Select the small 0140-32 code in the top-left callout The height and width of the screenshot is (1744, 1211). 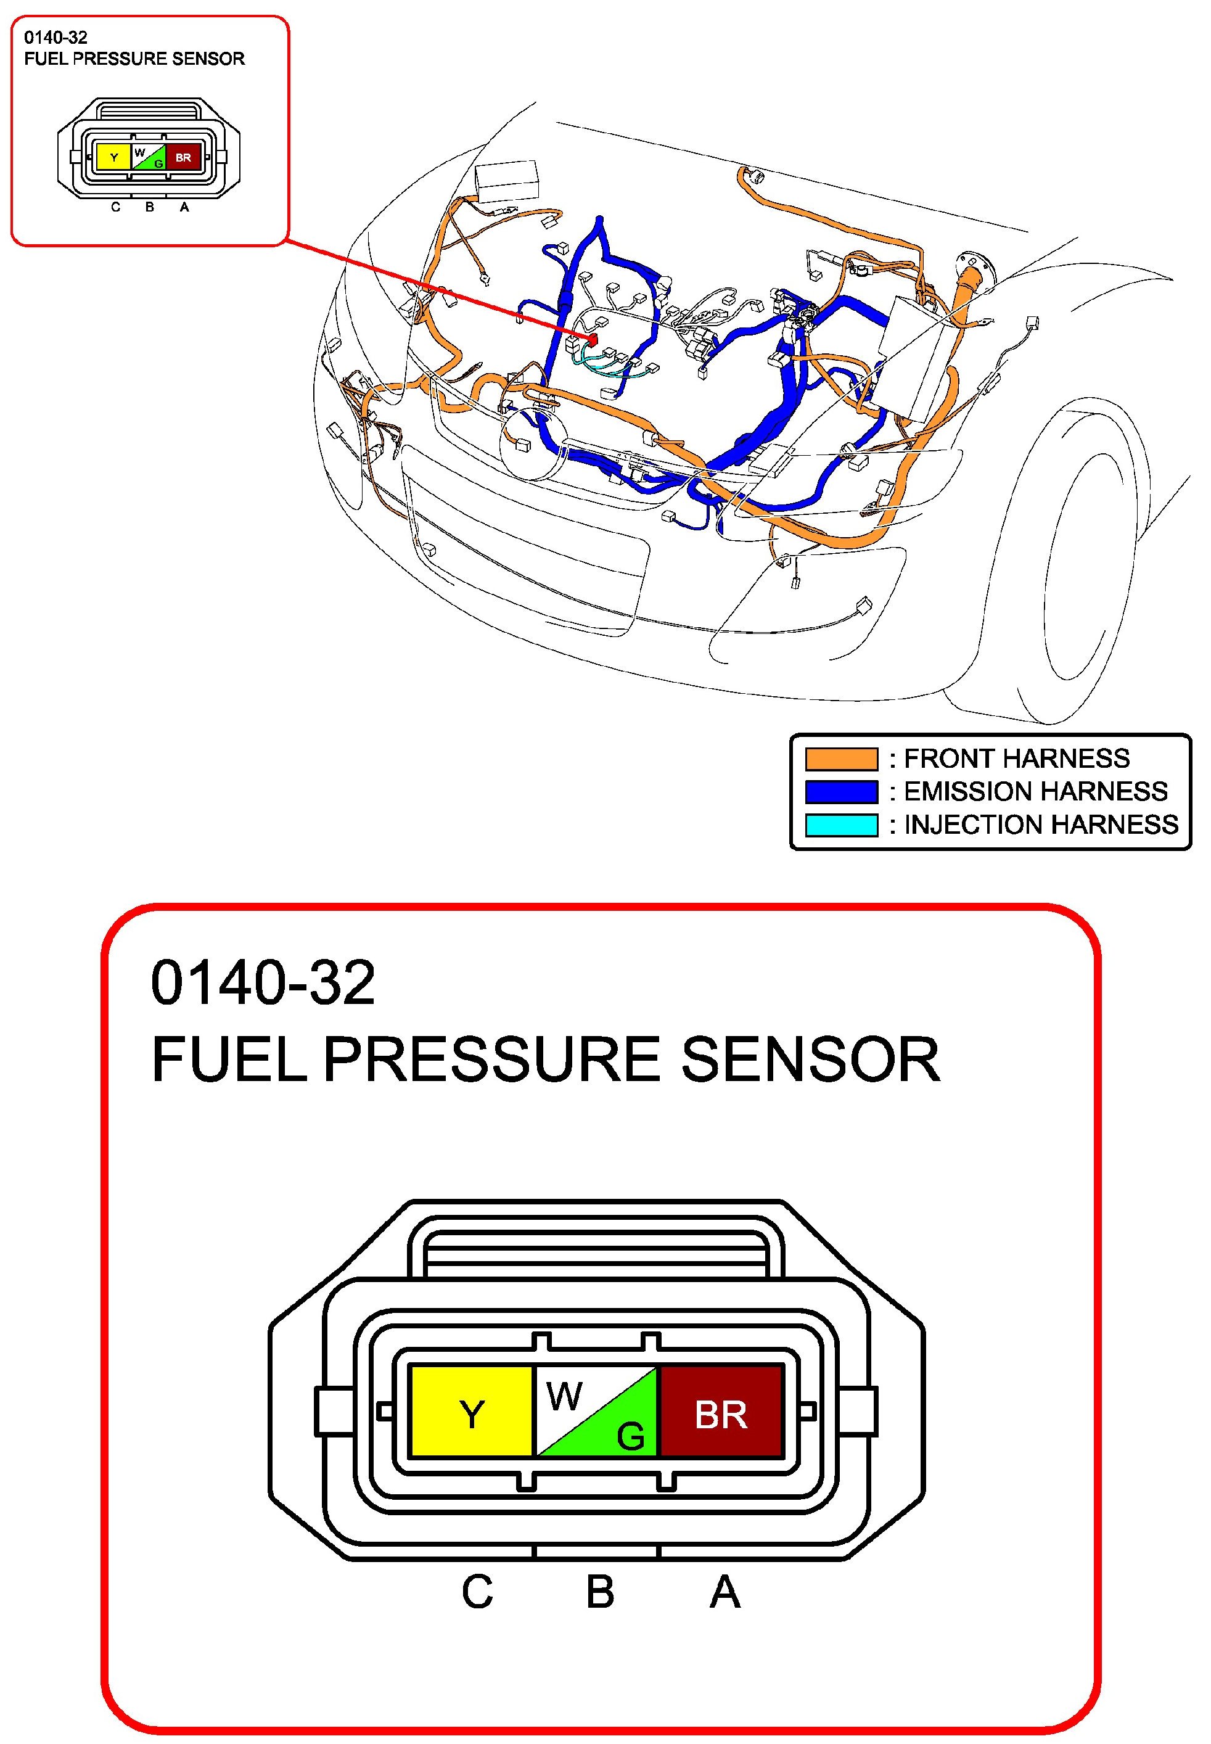coord(55,37)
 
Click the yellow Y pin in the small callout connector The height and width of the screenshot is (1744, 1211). coord(114,157)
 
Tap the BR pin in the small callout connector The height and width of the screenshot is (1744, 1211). coord(183,157)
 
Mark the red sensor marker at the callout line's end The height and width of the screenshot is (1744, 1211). coord(593,338)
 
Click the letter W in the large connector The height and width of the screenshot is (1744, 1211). coord(564,1395)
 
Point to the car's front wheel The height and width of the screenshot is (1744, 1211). coord(1093,562)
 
